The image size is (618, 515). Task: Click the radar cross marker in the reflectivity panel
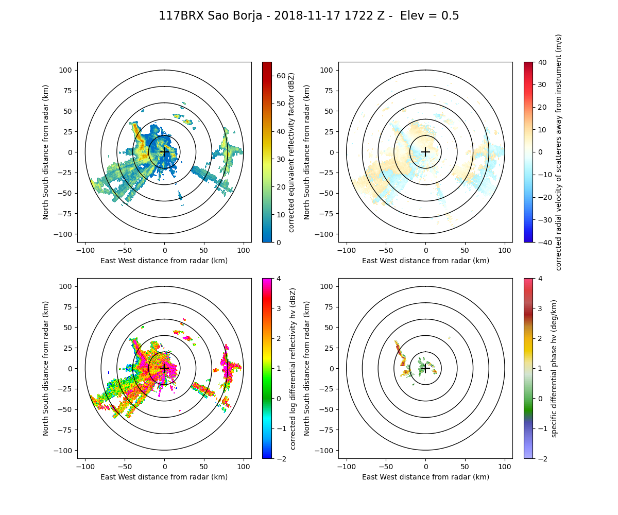coord(164,152)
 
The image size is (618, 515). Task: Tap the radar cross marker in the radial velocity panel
coord(425,152)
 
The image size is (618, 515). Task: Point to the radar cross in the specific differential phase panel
coord(425,368)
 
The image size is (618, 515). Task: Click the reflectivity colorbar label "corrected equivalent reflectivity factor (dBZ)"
coord(291,152)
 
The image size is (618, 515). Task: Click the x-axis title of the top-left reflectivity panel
coord(164,261)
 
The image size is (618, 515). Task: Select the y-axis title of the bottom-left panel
coord(46,368)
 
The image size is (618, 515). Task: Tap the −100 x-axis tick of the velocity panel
coord(347,250)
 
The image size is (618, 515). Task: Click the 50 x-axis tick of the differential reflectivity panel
coord(204,467)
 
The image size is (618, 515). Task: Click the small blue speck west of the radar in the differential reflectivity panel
coord(109,372)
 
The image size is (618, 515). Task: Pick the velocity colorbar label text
coord(558,152)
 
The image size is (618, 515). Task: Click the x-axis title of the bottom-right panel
coord(425,477)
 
